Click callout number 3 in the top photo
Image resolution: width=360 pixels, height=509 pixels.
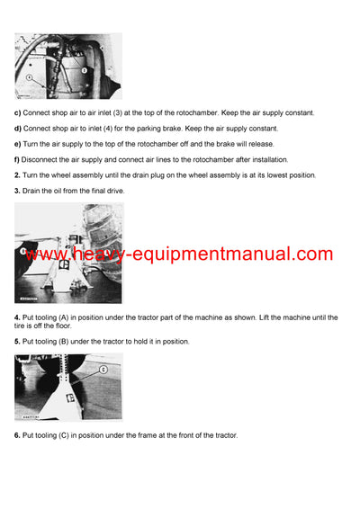(84, 69)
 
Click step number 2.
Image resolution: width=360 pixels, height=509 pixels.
(17, 174)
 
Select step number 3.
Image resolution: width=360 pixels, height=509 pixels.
(17, 191)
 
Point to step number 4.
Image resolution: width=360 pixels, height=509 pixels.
(17, 317)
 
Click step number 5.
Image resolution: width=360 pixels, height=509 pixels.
(17, 341)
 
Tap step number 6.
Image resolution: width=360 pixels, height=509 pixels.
(17, 435)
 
